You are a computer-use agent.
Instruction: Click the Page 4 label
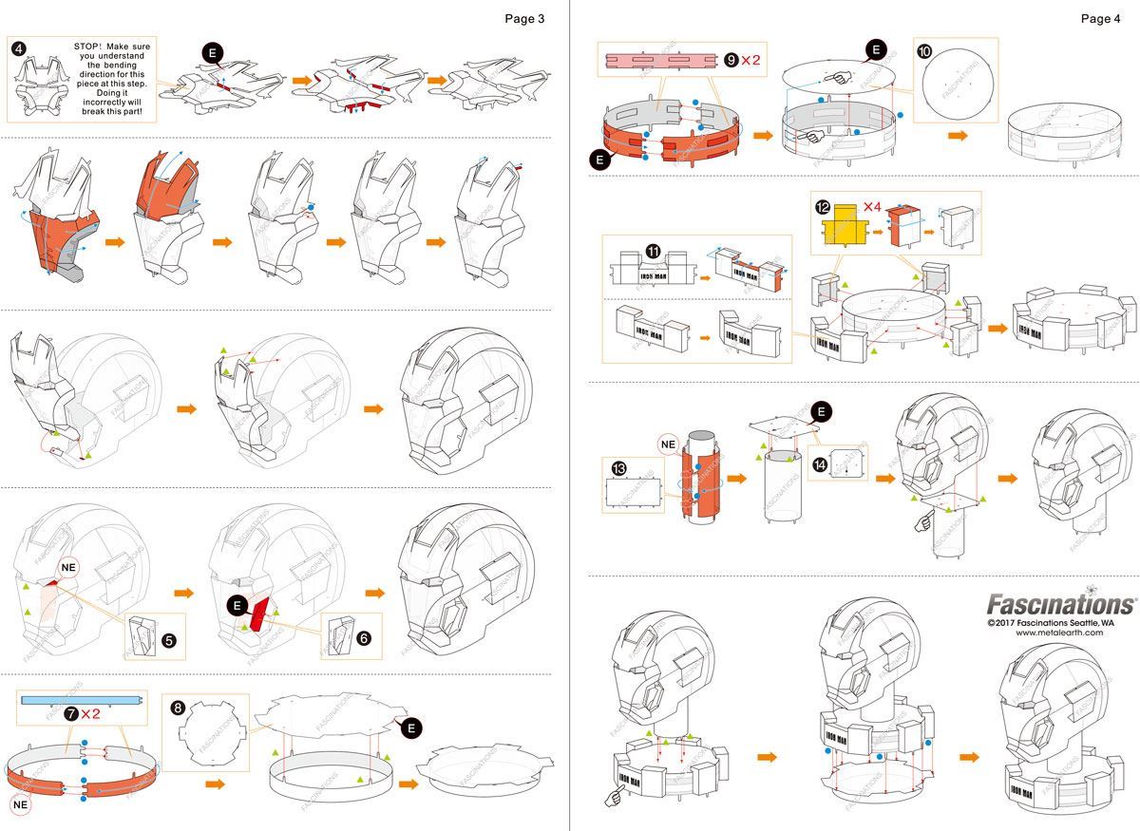(x=1100, y=19)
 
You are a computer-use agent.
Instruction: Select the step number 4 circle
(x=17, y=47)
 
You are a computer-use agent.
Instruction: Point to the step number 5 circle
(x=168, y=640)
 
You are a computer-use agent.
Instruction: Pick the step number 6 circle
(x=364, y=638)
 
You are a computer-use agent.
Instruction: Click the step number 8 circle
(x=177, y=707)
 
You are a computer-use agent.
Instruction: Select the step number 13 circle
(x=619, y=468)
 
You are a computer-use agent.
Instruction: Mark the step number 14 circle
(x=819, y=464)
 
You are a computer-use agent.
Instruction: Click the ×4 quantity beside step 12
(x=874, y=206)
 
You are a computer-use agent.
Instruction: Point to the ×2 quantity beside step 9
(x=750, y=60)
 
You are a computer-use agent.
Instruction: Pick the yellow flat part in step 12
(x=848, y=229)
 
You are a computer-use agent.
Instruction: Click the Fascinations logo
(x=1061, y=604)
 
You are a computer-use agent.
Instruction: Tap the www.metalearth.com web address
(x=1059, y=633)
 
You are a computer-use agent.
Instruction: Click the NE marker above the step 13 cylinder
(x=668, y=442)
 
